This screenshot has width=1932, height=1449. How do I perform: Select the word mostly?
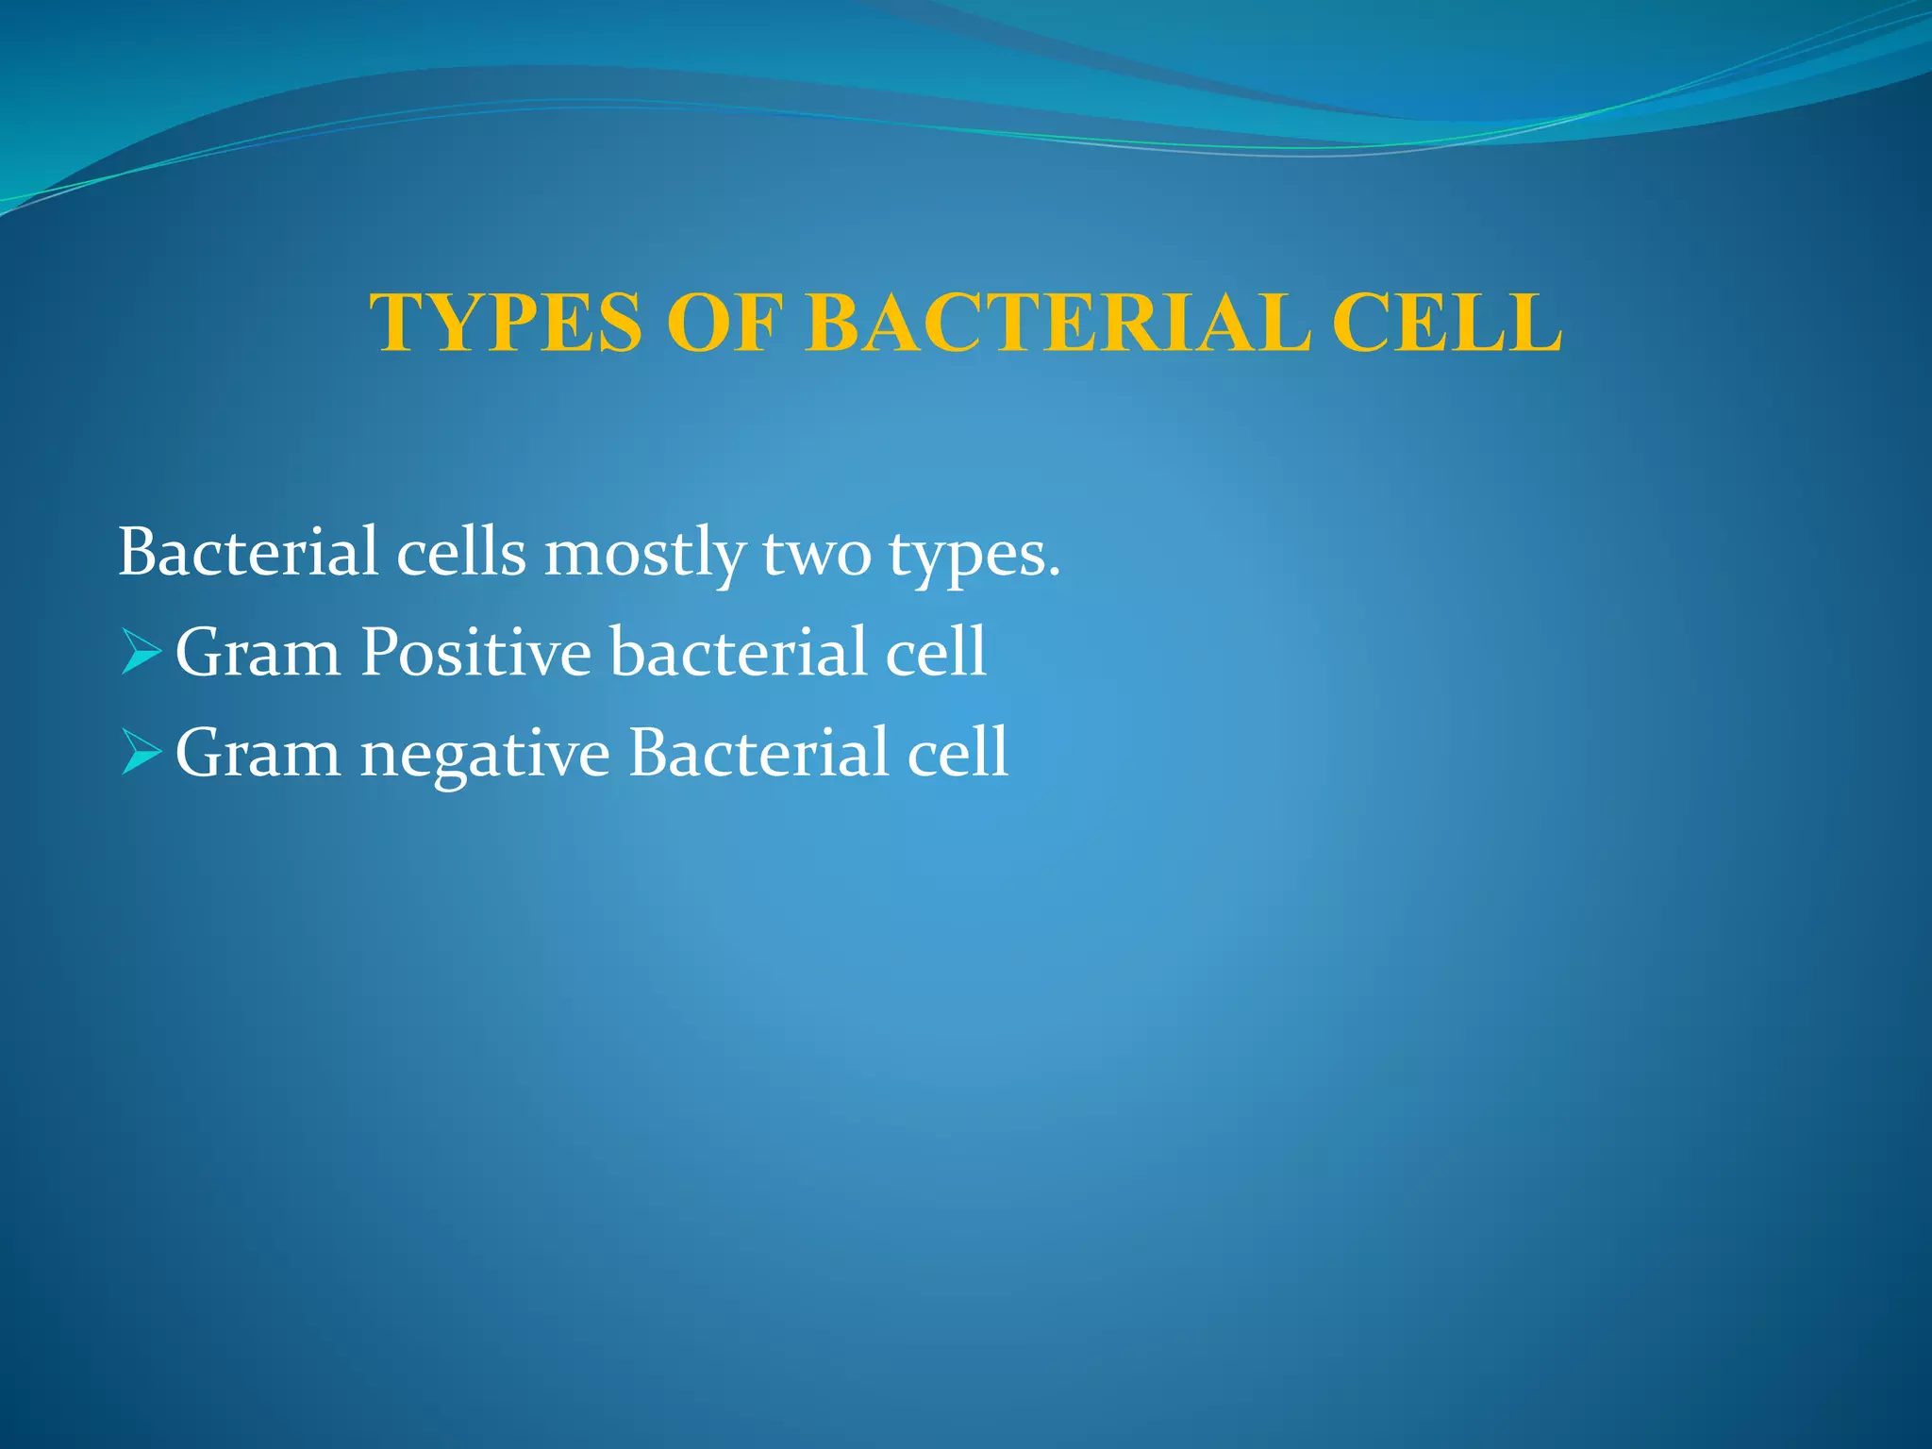644,555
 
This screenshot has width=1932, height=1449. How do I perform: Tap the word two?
816,554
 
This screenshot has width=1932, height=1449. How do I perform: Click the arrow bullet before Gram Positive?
141,653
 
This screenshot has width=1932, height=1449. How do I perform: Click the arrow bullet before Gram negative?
141,754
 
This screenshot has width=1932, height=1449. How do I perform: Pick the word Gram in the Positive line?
258,653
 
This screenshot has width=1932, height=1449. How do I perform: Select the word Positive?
475,653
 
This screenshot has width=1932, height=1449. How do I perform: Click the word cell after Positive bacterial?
935,653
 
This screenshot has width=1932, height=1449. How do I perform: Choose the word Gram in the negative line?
258,754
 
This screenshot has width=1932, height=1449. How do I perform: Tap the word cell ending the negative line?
957,754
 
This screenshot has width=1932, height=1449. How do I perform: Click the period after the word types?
1055,572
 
